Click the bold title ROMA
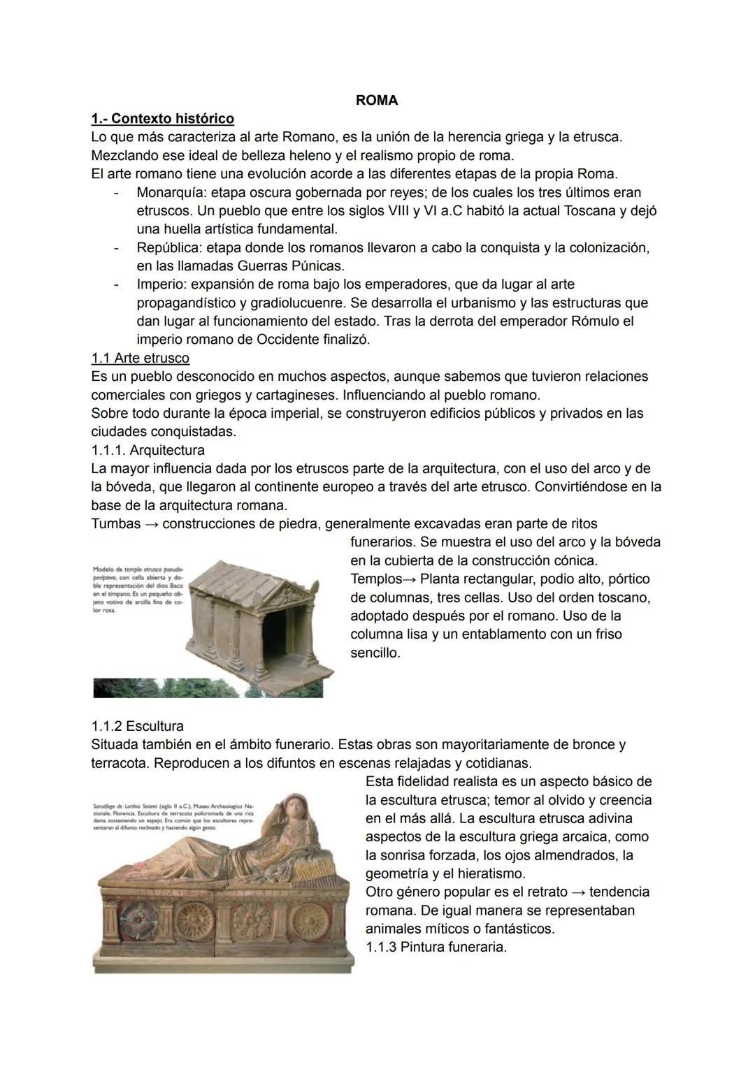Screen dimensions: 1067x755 point(377,101)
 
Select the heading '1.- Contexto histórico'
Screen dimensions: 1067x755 point(162,119)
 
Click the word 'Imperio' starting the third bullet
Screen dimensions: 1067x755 point(159,285)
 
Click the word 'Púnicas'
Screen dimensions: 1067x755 point(318,266)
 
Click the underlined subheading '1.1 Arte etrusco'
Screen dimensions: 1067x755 point(140,358)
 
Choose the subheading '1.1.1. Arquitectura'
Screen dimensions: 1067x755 point(148,450)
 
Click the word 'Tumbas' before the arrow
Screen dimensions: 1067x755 point(115,524)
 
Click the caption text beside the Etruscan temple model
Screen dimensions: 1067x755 point(137,590)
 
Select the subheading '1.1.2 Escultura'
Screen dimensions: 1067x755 point(137,726)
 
